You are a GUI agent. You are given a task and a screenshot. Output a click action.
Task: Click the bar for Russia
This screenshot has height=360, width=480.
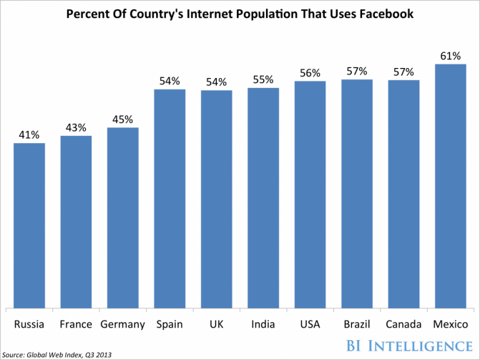click(x=29, y=225)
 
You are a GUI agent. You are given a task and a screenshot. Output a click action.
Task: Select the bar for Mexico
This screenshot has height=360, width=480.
click(x=450, y=186)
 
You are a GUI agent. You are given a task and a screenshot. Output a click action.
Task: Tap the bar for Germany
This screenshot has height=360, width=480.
click(x=122, y=218)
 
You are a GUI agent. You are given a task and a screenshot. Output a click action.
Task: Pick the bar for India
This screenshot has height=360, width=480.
click(x=263, y=198)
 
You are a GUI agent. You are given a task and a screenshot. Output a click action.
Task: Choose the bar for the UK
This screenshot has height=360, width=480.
click(x=216, y=199)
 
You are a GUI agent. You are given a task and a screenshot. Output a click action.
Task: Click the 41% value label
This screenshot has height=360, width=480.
click(x=29, y=134)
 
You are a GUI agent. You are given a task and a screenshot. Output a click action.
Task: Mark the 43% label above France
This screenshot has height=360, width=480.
click(x=76, y=127)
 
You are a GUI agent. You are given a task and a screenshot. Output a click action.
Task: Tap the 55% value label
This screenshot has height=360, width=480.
click(x=263, y=79)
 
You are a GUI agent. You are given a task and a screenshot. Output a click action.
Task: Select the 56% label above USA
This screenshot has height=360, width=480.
click(x=310, y=72)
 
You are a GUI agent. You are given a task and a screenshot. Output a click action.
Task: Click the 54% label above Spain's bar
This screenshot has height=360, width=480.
click(x=170, y=80)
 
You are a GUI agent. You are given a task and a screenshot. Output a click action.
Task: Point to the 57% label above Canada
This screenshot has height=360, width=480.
click(x=403, y=71)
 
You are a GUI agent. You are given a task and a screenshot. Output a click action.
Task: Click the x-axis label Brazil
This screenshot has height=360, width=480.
click(x=356, y=324)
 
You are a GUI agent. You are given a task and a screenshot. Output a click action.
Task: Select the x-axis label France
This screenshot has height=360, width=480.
click(x=76, y=324)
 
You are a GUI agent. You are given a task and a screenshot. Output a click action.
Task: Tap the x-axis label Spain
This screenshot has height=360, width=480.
click(x=170, y=324)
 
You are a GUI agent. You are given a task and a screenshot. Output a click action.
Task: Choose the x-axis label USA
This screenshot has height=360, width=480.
click(x=310, y=324)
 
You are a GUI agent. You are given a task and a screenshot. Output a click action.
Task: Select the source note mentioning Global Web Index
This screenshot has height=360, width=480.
click(x=57, y=354)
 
